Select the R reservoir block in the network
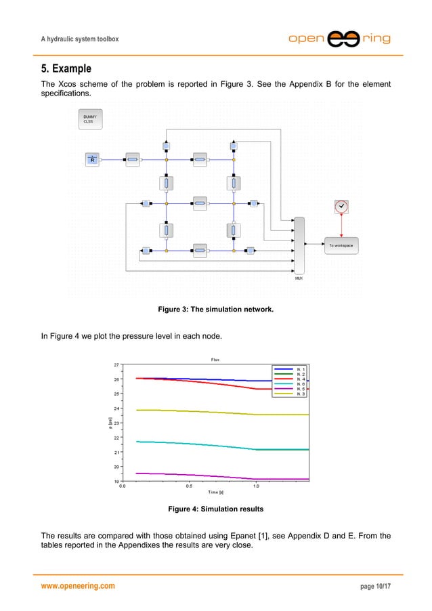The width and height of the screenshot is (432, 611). click(92, 160)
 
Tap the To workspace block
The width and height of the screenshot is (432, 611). click(341, 245)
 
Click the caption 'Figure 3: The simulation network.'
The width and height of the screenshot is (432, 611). click(215, 310)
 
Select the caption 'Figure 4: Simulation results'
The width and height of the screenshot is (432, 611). click(215, 508)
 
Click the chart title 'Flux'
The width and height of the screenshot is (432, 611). click(216, 359)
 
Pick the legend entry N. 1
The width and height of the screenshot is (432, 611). click(291, 368)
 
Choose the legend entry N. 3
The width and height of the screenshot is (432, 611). click(291, 394)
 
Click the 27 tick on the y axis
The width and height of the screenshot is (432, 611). click(116, 364)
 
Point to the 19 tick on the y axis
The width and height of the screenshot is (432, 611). click(116, 481)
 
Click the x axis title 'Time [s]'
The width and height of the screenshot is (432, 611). click(216, 492)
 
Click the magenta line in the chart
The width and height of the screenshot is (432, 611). click(190, 475)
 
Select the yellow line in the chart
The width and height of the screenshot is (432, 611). click(190, 411)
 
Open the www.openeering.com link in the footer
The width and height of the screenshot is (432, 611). click(78, 586)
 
